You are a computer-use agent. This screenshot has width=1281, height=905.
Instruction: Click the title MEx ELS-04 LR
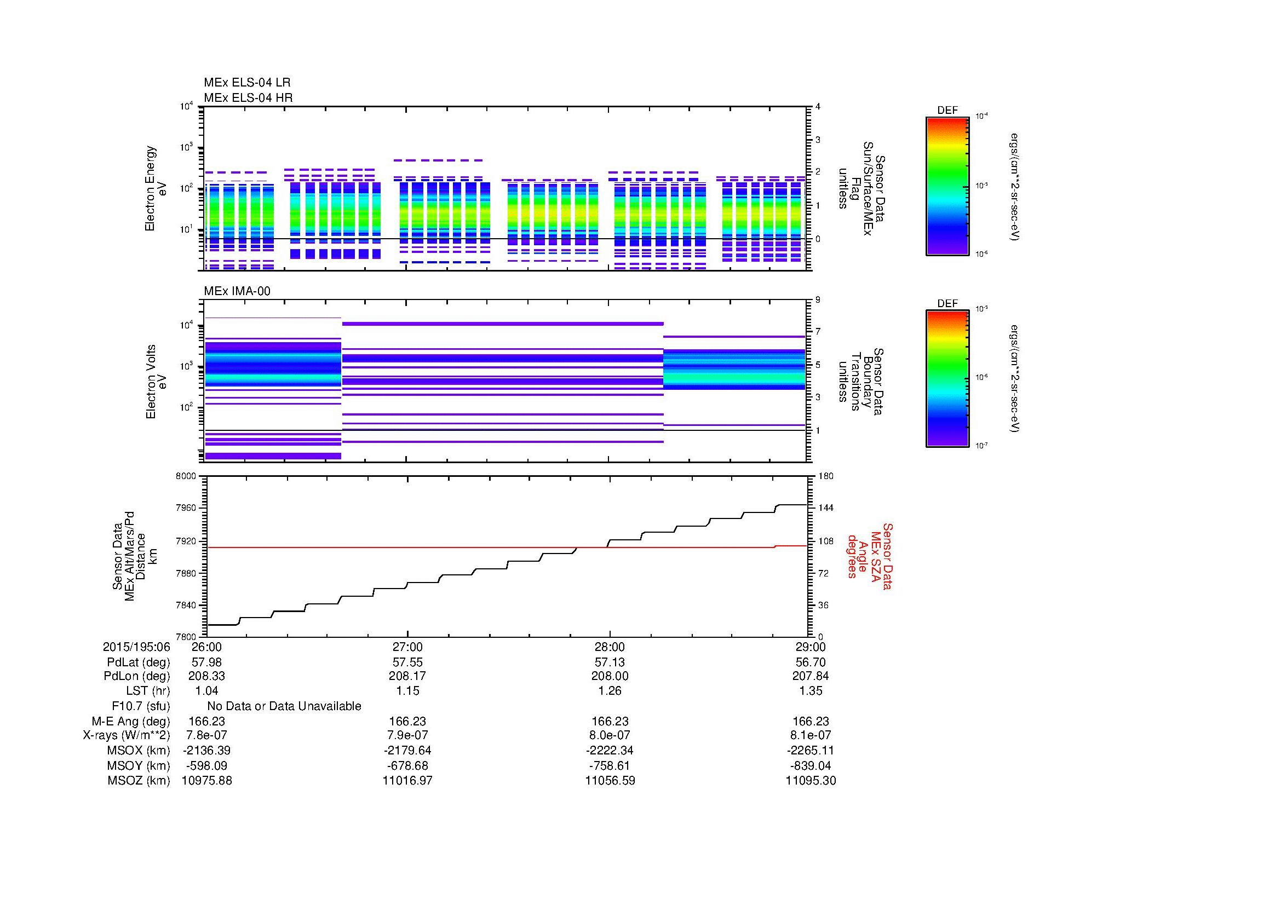(247, 83)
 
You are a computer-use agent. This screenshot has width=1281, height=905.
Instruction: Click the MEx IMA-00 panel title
(237, 291)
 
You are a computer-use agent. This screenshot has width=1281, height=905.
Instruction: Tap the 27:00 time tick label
(407, 647)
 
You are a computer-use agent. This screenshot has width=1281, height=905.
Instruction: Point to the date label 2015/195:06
(136, 647)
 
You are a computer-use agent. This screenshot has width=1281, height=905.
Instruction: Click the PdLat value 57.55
(407, 662)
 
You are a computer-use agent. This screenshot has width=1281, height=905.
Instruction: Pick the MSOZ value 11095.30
(810, 781)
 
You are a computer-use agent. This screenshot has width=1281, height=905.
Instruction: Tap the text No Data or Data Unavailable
(284, 706)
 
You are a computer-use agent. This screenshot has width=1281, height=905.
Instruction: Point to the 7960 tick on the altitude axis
(185, 509)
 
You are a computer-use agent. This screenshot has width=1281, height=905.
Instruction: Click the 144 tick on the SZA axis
(826, 508)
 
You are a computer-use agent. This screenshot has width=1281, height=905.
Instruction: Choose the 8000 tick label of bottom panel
(185, 476)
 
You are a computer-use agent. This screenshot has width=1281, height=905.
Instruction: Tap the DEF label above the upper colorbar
(947, 111)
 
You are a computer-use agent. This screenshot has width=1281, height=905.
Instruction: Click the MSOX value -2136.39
(206, 751)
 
